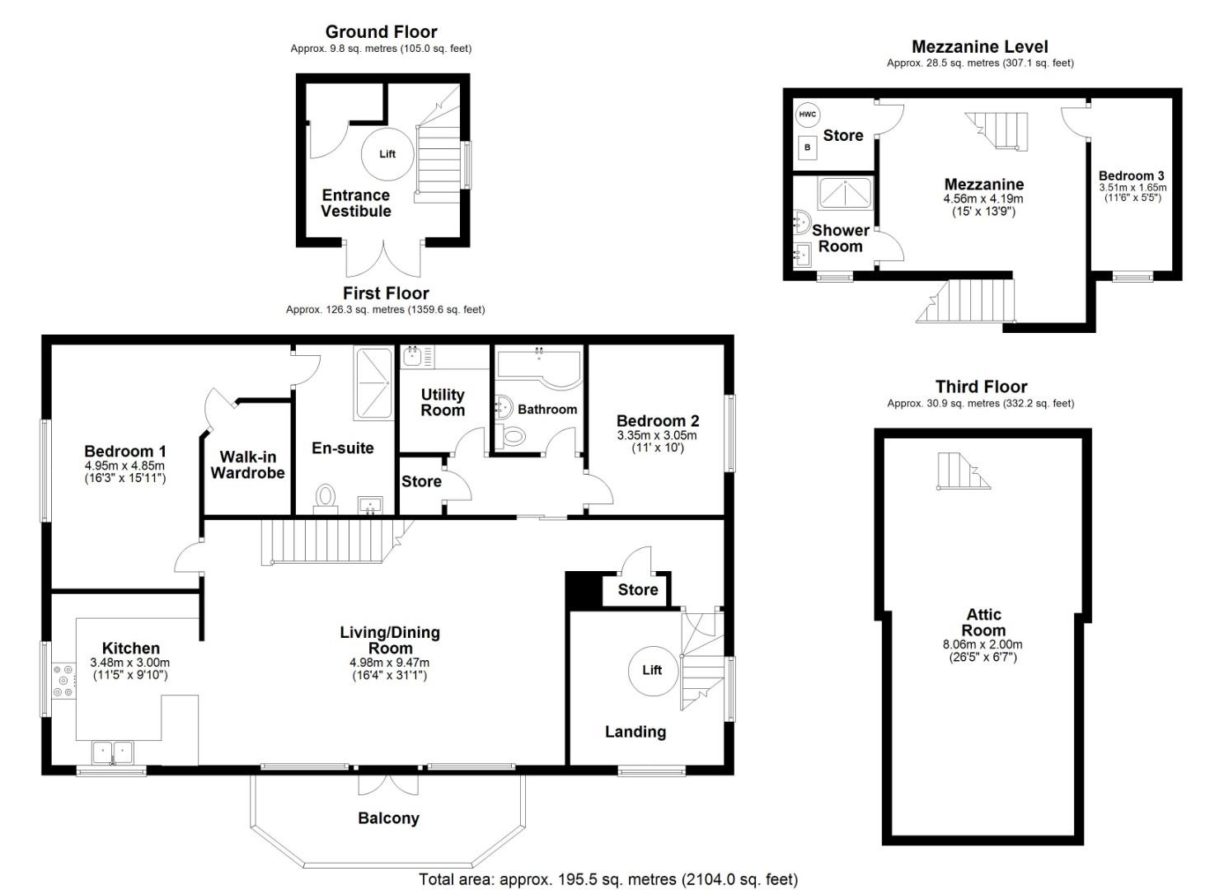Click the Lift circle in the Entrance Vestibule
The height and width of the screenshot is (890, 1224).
click(x=387, y=154)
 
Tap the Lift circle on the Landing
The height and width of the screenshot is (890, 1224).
click(x=652, y=670)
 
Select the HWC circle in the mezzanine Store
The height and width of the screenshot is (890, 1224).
click(x=807, y=115)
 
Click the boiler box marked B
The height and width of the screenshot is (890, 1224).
click(x=808, y=148)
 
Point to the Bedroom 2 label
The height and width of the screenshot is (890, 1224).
click(x=657, y=421)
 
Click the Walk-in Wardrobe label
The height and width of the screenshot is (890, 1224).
click(x=247, y=465)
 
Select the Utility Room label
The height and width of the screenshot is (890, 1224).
click(x=443, y=402)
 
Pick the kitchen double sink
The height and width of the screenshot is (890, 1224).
click(x=112, y=752)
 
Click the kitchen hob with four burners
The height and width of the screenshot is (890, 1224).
click(x=63, y=681)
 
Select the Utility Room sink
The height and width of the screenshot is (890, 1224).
click(x=413, y=356)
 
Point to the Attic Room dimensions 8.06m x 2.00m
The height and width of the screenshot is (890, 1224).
click(x=982, y=645)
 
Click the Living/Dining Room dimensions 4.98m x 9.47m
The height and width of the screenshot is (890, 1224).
click(x=389, y=663)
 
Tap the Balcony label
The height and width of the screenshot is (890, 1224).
click(x=388, y=818)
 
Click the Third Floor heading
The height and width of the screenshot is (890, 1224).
click(x=981, y=386)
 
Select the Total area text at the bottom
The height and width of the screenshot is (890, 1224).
click(x=607, y=879)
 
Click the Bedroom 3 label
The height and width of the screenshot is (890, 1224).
click(x=1131, y=176)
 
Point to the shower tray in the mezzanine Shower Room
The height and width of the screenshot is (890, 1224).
click(x=845, y=193)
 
